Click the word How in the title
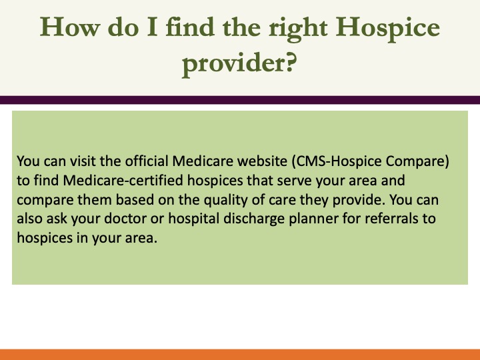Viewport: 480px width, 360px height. tap(70, 27)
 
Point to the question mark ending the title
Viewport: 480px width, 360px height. tap(291, 61)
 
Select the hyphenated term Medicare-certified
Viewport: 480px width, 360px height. tap(123, 180)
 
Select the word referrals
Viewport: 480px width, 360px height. tap(392, 219)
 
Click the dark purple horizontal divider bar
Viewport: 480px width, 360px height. tap(240, 100)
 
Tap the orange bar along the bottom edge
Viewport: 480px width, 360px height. tap(240, 355)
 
